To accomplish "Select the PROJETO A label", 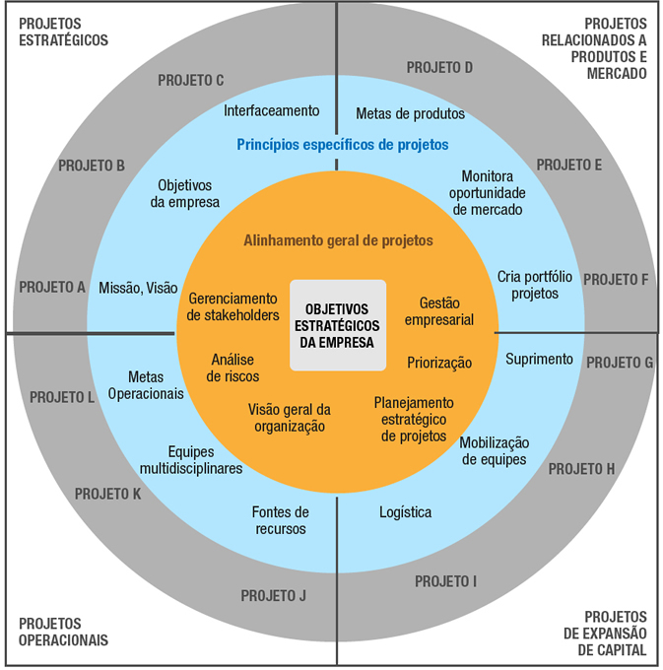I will coord(52,288).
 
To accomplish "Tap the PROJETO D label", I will coord(440,68).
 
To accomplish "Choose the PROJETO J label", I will coord(274,595).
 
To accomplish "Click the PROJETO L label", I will coord(62,398).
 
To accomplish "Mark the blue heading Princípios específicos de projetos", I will coord(342,145).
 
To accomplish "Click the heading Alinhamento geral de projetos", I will coord(338,239).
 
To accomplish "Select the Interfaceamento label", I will coord(272,111).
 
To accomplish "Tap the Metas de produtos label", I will coord(410,113).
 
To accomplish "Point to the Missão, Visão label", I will coord(138,288).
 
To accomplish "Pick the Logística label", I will coord(405,512).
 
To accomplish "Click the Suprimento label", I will coord(539,359).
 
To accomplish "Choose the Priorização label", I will coord(439,363).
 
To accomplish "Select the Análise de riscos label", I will coord(233,368).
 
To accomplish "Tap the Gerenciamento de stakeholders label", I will coord(233,306).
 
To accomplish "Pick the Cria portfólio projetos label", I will coord(528,285).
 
